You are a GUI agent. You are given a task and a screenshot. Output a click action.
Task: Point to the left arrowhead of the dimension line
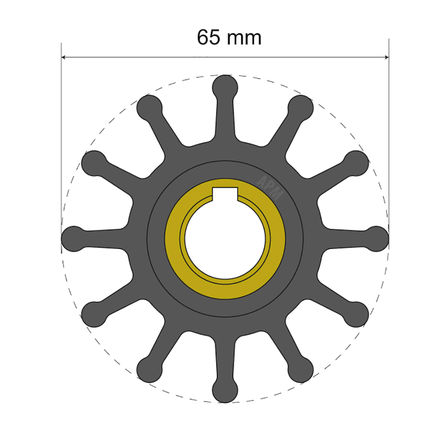click(x=64, y=57)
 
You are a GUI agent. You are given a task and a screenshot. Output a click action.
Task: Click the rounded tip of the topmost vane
click(x=225, y=86)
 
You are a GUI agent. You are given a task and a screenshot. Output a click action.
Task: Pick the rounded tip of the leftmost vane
click(x=72, y=238)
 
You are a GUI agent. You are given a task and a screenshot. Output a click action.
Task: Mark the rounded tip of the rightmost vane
click(x=378, y=238)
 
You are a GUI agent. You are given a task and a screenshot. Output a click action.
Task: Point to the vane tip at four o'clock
click(x=357, y=314)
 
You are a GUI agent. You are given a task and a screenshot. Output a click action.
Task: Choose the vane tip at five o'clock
click(x=301, y=370)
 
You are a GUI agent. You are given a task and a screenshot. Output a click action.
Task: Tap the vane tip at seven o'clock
click(x=148, y=370)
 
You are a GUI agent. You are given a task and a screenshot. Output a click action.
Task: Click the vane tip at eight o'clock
click(x=93, y=314)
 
